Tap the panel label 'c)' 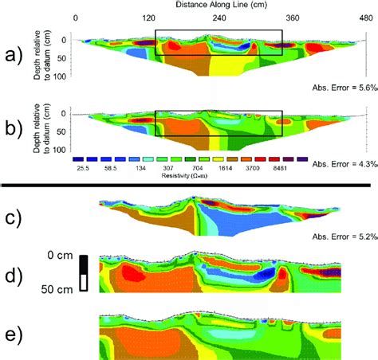(x=13, y=217)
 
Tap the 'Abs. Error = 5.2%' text (x=342, y=237)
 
